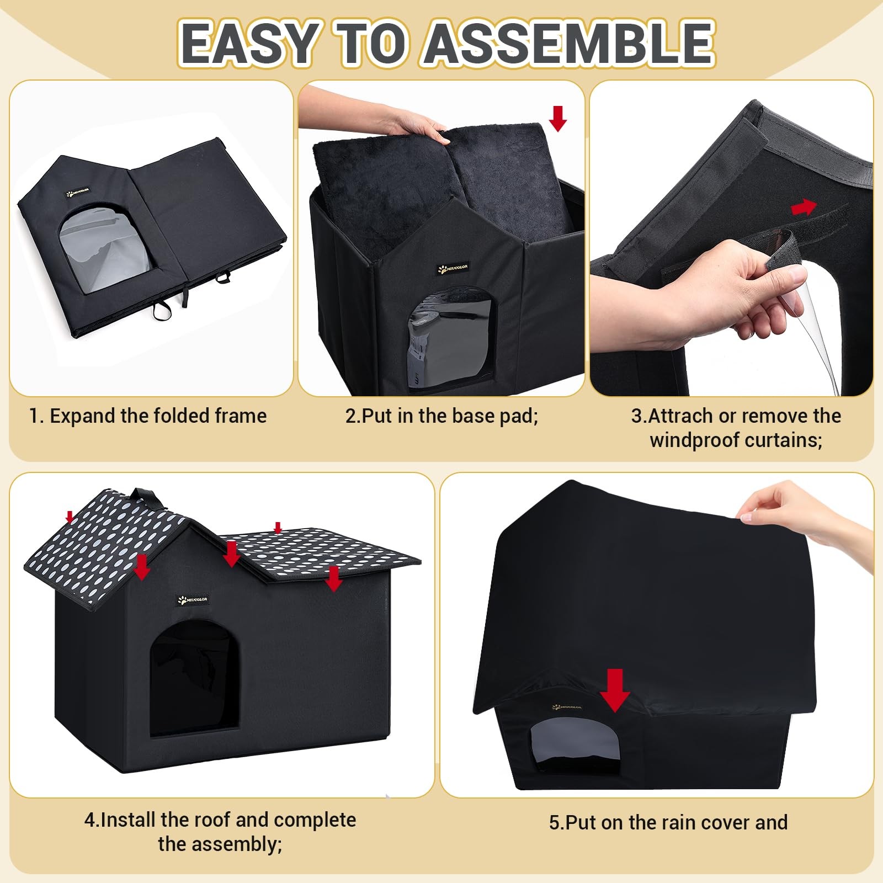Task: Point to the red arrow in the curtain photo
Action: [804, 207]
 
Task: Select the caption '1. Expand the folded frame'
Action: [148, 416]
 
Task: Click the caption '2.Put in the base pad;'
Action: [441, 416]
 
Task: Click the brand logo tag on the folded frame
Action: [78, 194]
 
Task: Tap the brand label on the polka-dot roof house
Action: [193, 600]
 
